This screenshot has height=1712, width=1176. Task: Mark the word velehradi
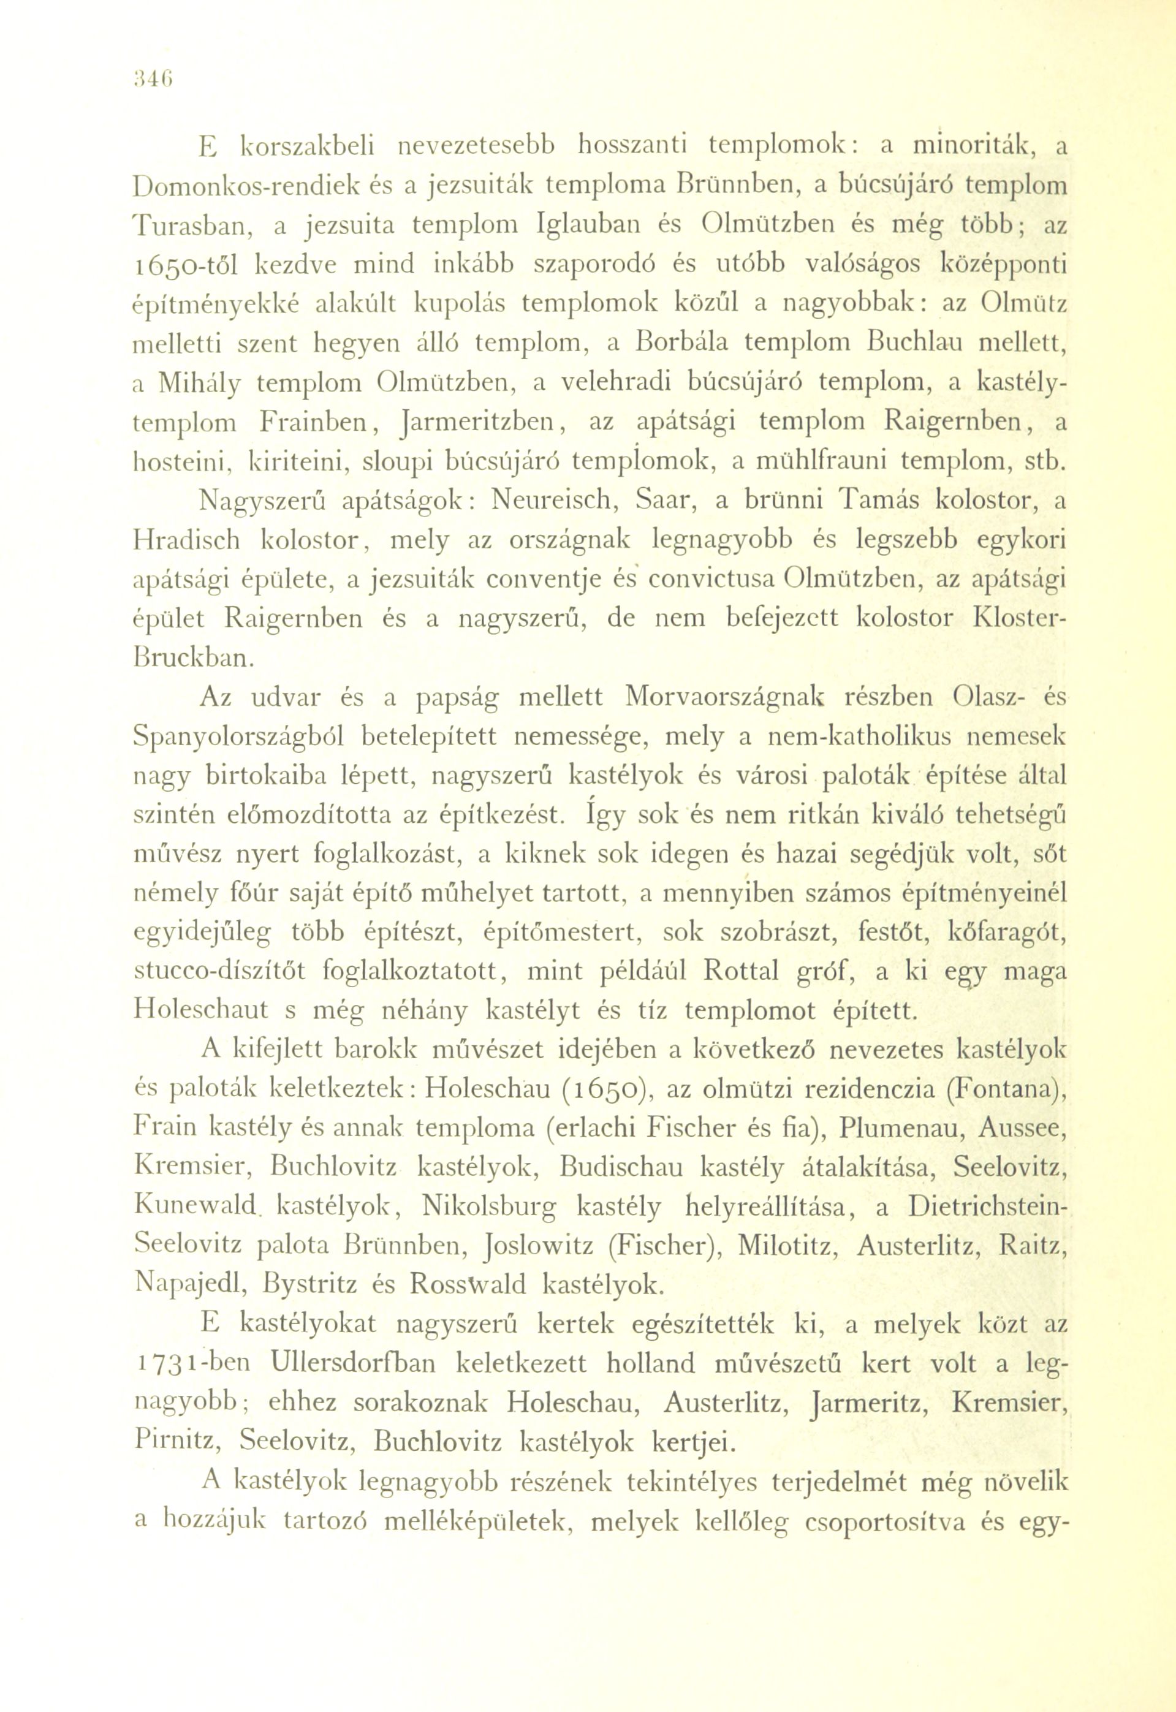[615, 383]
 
